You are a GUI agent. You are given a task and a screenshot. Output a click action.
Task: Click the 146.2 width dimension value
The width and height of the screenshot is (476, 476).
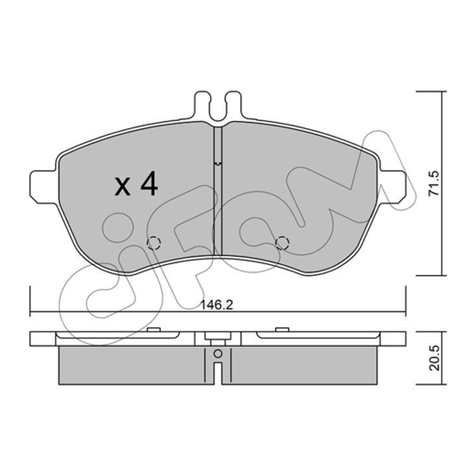(x=217, y=305)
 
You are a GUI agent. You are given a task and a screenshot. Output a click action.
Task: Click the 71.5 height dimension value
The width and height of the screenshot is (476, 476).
(x=434, y=183)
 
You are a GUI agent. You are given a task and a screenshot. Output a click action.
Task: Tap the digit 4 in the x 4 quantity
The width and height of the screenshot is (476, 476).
(x=149, y=183)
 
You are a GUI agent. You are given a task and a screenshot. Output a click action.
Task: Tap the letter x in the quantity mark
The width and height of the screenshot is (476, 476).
(x=123, y=186)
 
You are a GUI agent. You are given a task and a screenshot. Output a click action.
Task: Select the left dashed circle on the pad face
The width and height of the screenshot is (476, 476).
(x=154, y=243)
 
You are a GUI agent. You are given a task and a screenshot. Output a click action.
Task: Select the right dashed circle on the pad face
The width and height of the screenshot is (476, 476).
(x=281, y=243)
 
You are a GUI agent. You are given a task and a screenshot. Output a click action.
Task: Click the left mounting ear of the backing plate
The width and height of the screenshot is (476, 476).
(x=43, y=187)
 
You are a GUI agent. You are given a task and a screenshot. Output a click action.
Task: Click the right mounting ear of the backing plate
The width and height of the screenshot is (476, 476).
(x=392, y=187)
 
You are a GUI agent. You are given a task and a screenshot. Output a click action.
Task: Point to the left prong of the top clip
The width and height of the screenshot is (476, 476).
(x=202, y=105)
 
